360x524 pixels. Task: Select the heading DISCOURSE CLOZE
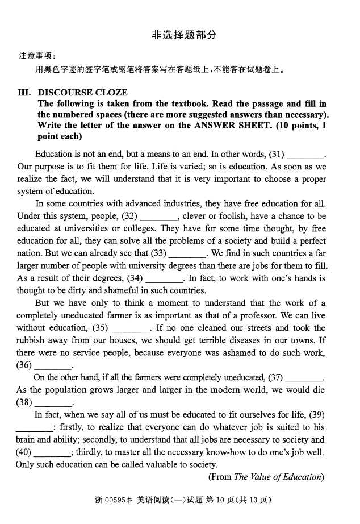pos(83,93)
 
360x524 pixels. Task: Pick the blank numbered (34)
pos(165,279)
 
